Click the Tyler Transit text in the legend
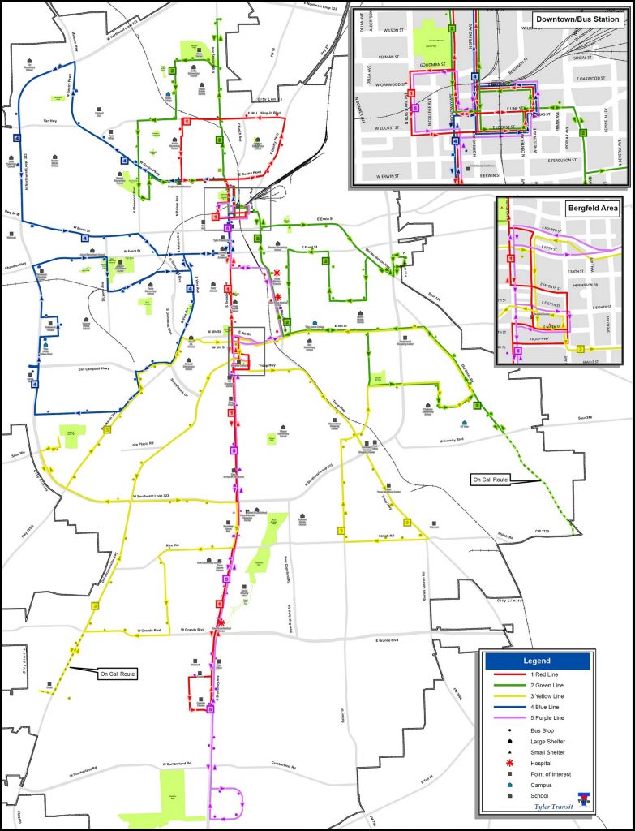[551, 807]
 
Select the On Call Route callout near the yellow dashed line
[118, 674]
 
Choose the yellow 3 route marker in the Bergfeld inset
[581, 348]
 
